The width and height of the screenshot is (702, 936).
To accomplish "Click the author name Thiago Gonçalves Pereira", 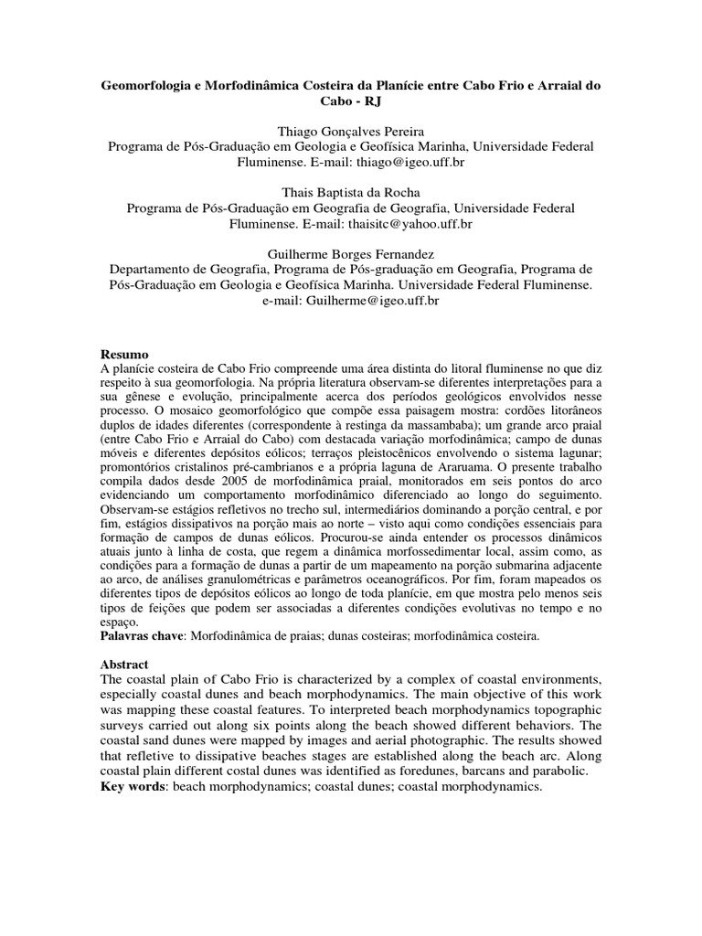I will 350,132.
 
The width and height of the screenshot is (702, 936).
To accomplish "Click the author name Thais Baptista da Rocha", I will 350,193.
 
